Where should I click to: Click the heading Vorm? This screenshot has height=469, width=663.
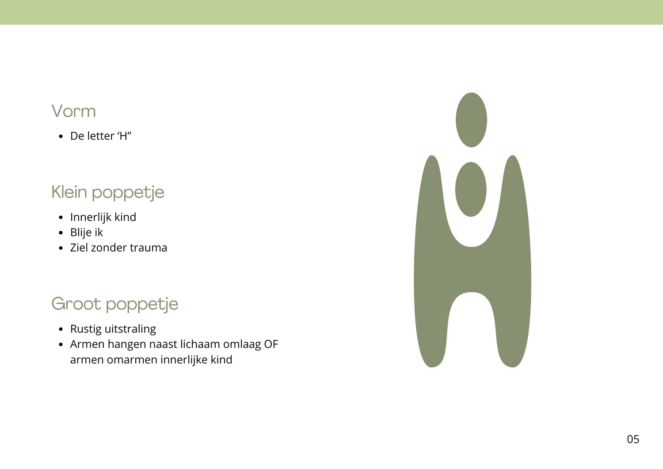(x=74, y=111)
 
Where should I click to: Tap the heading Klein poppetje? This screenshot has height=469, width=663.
(x=108, y=192)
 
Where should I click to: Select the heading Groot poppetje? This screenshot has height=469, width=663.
(x=115, y=304)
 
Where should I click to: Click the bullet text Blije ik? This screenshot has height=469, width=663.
(x=87, y=233)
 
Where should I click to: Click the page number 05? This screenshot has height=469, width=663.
(x=633, y=439)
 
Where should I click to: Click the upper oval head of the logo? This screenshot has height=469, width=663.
(x=471, y=120)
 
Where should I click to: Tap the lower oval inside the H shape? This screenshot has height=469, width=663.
(x=471, y=190)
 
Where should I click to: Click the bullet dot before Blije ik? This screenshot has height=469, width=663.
(x=61, y=233)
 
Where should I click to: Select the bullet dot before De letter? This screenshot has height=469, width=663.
(x=61, y=137)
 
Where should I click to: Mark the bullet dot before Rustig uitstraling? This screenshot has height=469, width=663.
(x=61, y=329)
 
